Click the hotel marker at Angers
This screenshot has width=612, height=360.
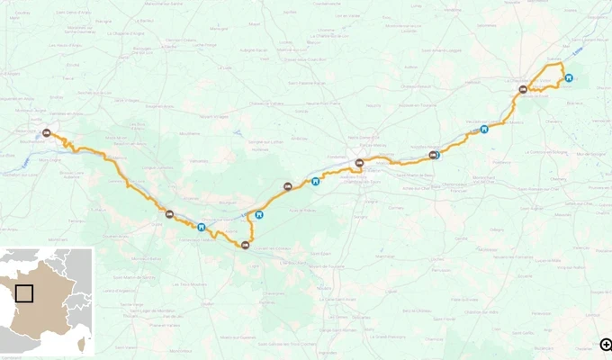(x=46, y=133)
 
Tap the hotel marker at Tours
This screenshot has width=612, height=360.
(x=359, y=163)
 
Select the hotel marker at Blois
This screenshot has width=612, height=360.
(x=522, y=89)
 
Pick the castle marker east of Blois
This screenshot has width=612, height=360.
(x=569, y=77)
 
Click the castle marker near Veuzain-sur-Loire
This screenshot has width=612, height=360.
(x=484, y=129)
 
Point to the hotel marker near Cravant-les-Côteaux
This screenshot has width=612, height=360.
(x=245, y=244)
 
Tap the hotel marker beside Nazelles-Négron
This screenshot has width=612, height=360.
(x=435, y=155)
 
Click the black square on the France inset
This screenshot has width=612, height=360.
(x=24, y=293)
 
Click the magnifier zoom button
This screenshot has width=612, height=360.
(x=606, y=345)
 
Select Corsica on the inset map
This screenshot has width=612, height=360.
(x=84, y=340)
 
